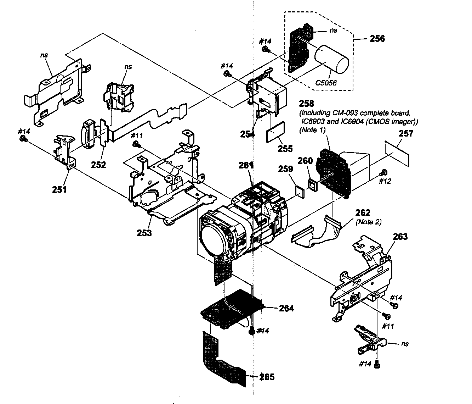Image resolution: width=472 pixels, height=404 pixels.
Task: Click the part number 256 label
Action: point(377,39)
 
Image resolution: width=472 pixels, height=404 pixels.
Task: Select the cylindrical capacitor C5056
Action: point(332,61)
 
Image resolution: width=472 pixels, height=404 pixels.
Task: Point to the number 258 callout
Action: point(306,104)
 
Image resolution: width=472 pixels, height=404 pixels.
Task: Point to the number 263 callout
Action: point(400,237)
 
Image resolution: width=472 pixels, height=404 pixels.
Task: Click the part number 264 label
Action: point(286,308)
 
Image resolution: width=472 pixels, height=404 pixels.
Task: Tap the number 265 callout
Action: point(267,377)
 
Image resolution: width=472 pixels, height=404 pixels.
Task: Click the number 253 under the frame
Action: point(144,233)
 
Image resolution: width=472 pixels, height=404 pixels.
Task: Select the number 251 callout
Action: point(59,189)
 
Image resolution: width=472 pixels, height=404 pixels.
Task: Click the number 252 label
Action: point(98,165)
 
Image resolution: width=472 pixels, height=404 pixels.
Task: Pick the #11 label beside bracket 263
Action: point(388,326)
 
